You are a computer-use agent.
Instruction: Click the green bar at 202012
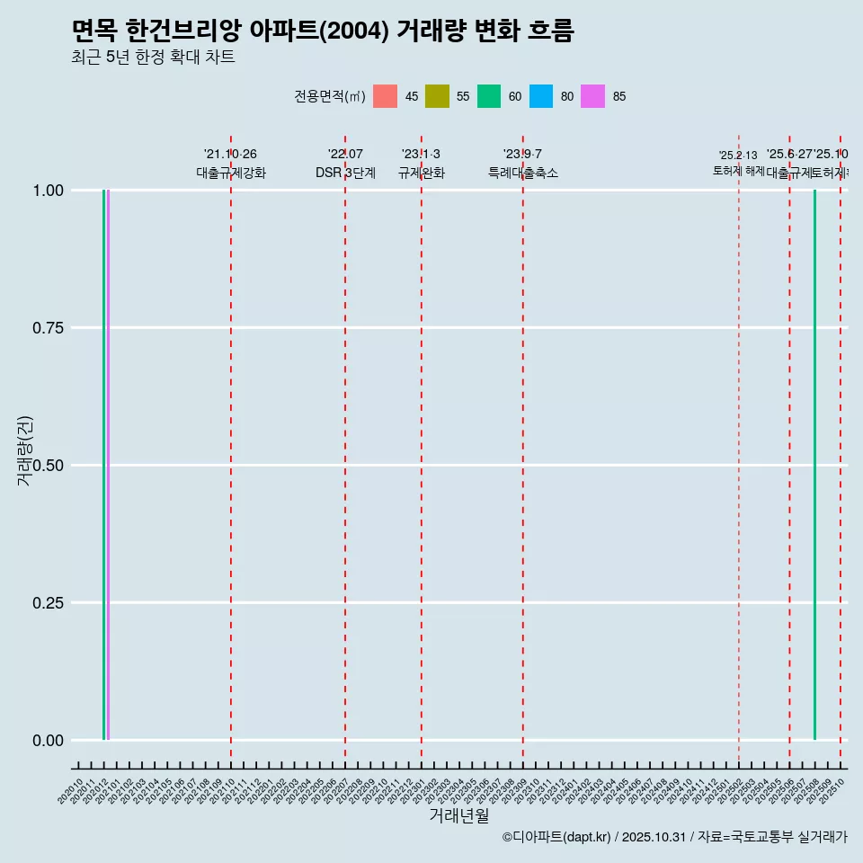tap(103, 465)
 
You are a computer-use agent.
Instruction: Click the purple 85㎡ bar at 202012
tap(108, 465)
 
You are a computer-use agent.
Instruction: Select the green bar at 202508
tap(814, 465)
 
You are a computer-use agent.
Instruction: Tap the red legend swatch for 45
tap(385, 96)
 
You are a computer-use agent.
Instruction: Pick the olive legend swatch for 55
tap(437, 96)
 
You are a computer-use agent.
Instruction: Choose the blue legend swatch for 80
tap(541, 96)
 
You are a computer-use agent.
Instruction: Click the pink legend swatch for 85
tap(592, 96)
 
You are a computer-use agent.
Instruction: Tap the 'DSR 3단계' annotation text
tap(345, 173)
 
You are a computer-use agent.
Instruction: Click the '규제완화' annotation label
tap(422, 173)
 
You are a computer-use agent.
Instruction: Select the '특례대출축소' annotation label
tap(523, 173)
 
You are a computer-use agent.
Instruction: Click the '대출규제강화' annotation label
tap(231, 173)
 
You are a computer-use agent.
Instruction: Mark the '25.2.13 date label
tap(738, 156)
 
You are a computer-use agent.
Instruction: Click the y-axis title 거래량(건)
tap(24, 450)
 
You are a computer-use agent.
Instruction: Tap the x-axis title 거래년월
tap(459, 816)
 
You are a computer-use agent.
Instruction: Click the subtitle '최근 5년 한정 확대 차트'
tap(153, 58)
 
